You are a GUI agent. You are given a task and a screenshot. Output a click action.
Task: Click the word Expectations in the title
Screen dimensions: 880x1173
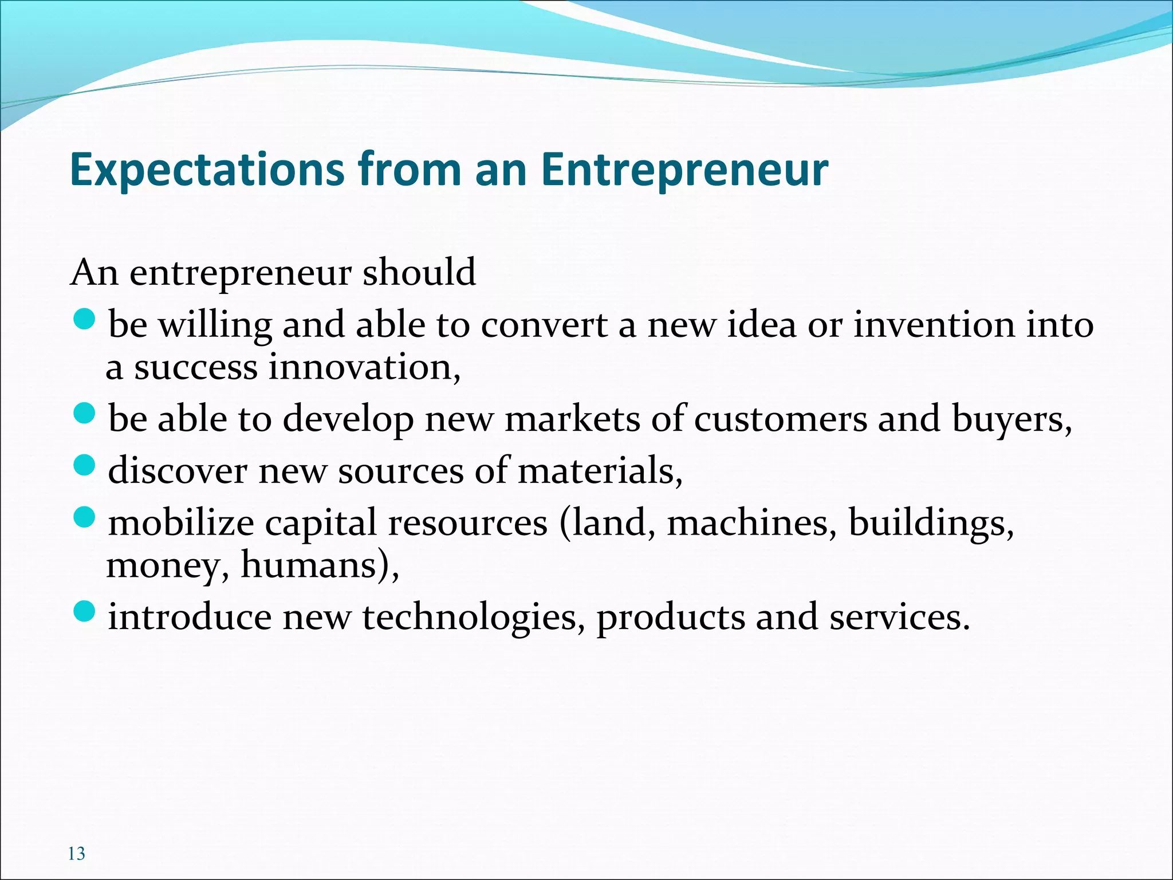207,170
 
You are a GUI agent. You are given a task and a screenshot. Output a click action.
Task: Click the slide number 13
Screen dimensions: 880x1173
76,854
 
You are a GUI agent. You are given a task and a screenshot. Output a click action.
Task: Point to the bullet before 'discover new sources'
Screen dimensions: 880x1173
84,465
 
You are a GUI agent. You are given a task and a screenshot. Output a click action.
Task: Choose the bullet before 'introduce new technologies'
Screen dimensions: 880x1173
84,611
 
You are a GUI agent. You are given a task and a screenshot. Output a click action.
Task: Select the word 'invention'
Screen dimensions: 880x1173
934,325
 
